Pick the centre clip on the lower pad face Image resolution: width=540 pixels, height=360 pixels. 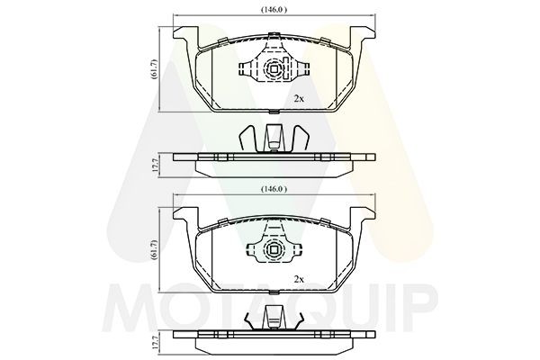coord(271,249)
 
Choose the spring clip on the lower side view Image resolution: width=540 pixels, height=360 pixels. coord(271,319)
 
